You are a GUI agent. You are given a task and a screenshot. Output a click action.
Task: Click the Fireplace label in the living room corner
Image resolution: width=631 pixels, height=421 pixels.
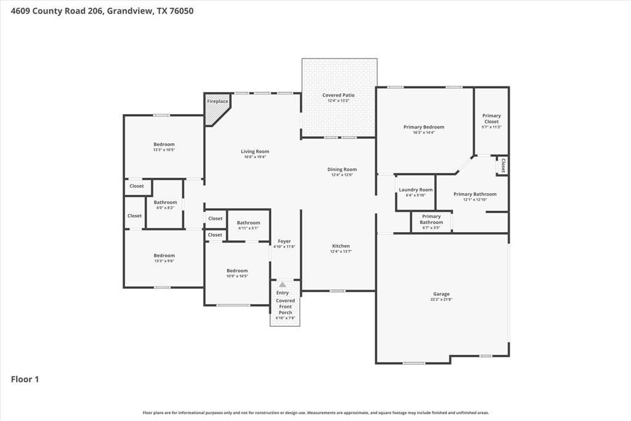click(217, 101)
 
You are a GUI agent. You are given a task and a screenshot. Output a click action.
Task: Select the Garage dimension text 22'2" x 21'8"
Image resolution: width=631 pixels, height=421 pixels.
click(441, 299)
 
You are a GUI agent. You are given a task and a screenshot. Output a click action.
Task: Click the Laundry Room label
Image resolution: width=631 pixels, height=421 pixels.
click(415, 190)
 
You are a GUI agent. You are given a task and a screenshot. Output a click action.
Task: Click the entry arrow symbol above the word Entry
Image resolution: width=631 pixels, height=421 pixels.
click(282, 285)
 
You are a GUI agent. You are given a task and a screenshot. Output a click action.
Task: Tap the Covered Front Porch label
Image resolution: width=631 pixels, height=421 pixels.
click(285, 306)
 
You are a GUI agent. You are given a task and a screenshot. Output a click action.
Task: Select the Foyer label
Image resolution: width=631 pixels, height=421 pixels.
click(284, 241)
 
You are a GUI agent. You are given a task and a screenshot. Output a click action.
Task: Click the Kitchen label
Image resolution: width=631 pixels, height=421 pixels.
click(341, 246)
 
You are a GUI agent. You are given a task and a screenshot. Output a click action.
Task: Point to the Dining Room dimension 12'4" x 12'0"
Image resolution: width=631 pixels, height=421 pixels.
click(341, 175)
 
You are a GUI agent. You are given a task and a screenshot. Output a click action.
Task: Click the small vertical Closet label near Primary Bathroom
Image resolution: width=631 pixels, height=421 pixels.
click(503, 165)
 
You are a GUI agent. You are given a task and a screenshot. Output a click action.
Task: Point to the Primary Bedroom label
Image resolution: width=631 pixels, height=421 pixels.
click(424, 127)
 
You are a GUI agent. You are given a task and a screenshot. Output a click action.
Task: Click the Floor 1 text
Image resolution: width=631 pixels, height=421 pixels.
click(25, 380)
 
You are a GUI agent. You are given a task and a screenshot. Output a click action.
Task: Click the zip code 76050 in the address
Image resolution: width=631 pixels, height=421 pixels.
click(182, 10)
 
